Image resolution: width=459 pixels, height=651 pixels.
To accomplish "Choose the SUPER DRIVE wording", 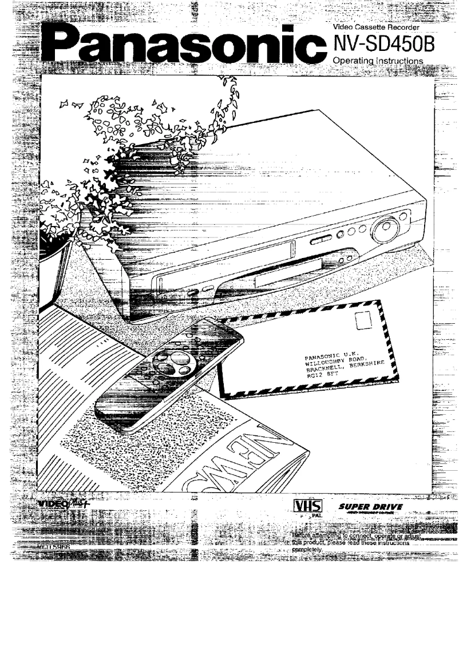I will click(371, 507).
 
